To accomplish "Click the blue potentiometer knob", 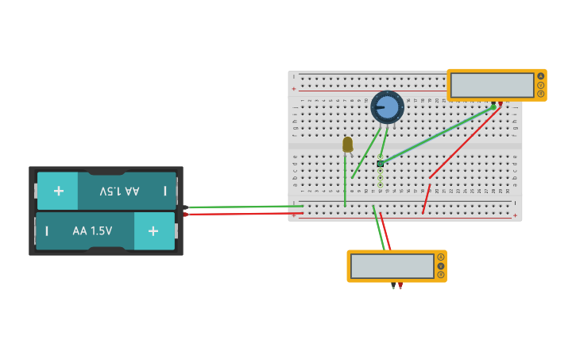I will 387,106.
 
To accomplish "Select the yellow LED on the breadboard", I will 347,144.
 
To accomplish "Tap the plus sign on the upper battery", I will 58,191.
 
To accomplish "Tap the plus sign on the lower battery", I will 153,230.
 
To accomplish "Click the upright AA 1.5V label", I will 92,230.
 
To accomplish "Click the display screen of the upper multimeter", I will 492,85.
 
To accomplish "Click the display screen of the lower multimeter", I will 392,266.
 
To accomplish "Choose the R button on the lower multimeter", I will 441,275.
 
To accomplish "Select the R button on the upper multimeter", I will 541,94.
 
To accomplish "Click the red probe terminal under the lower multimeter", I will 400,285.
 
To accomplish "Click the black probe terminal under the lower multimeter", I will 392,285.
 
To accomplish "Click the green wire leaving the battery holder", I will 238,207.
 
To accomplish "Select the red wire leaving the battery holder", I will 238,213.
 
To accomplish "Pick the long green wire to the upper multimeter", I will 437,135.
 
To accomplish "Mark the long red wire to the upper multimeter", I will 465,143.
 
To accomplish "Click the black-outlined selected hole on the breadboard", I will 381,164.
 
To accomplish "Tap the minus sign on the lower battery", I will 47,230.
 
